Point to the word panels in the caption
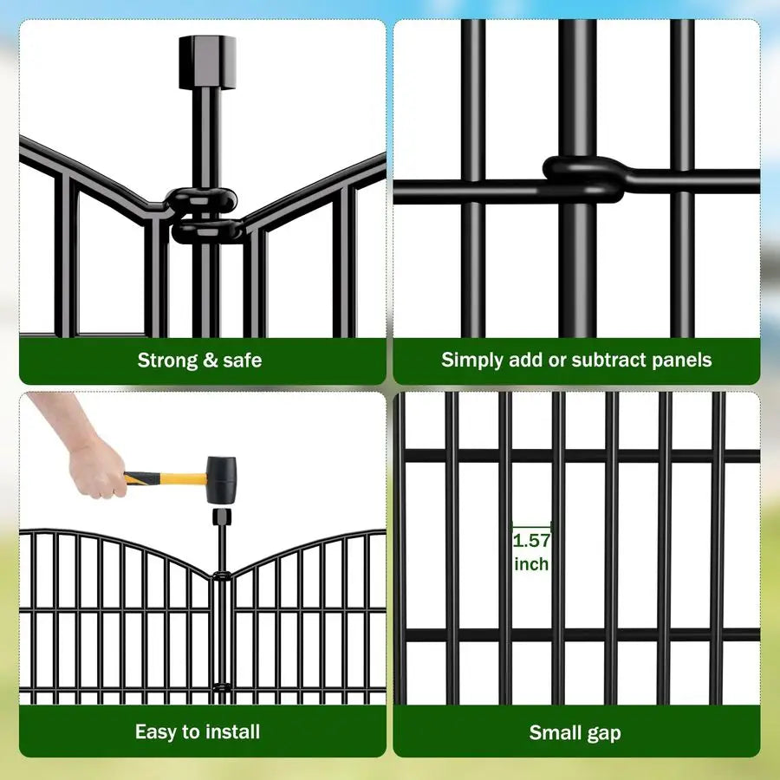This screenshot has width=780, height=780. (x=685, y=360)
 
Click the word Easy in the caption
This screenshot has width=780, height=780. (x=155, y=731)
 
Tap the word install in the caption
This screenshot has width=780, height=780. (x=230, y=731)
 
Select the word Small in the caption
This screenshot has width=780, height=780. (x=556, y=732)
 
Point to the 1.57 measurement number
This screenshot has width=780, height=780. (x=531, y=541)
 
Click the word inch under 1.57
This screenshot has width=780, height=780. (x=531, y=564)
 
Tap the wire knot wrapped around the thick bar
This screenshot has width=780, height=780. (x=582, y=179)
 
